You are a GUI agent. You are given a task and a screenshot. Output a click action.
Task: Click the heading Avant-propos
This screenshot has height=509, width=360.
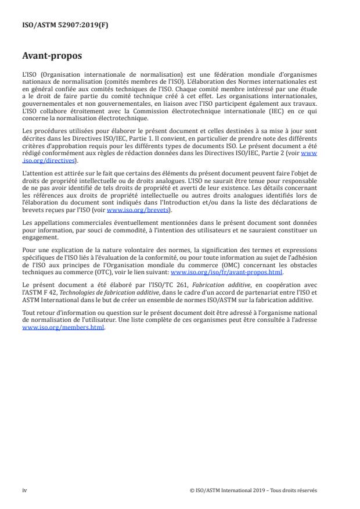52,57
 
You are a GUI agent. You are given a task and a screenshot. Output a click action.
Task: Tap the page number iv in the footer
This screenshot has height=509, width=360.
24,490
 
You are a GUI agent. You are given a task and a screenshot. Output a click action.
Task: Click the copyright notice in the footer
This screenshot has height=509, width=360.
253,490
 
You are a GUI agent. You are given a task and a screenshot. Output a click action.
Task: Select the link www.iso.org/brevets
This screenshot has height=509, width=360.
131,210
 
